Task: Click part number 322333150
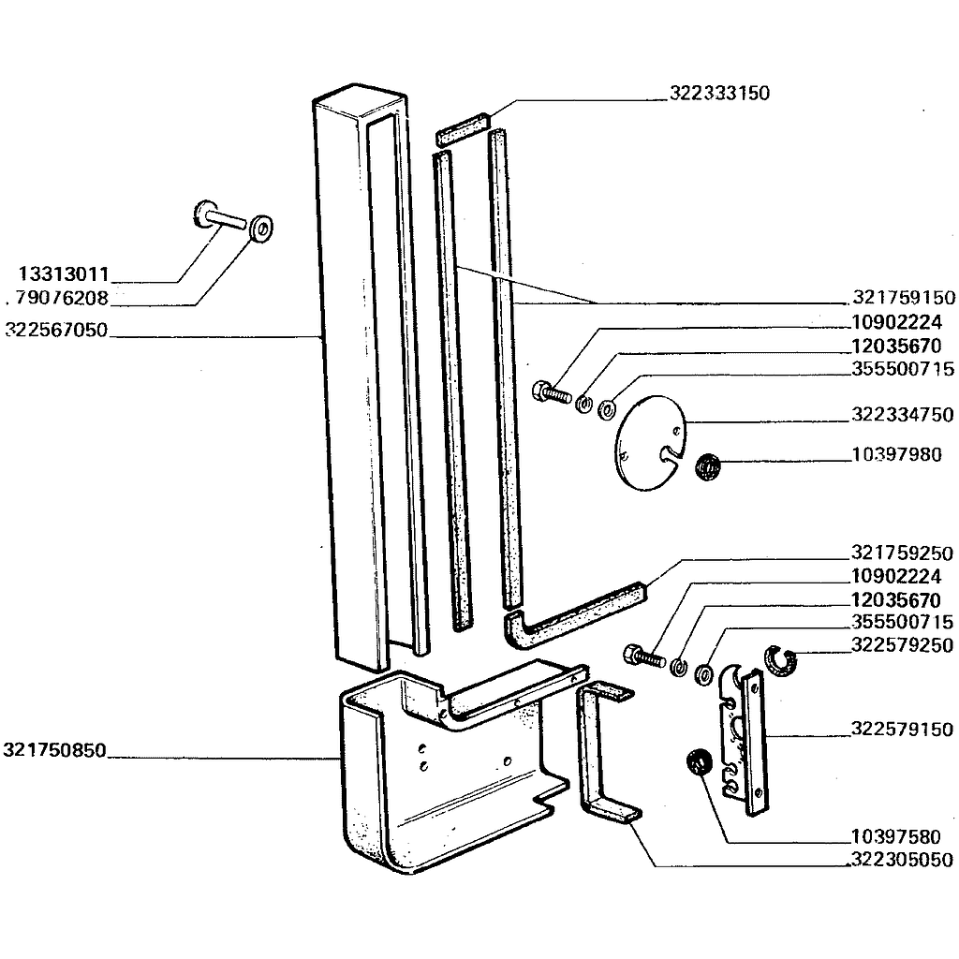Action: pyautogui.click(x=720, y=94)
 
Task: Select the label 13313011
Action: pyautogui.click(x=65, y=274)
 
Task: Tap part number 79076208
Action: pyautogui.click(x=62, y=300)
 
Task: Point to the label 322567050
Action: pyautogui.click(x=56, y=330)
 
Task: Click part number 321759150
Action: pyautogui.click(x=904, y=299)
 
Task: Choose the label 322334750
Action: pyautogui.click(x=903, y=415)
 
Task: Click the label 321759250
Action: pyautogui.click(x=903, y=553)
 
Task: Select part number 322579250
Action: pyautogui.click(x=903, y=645)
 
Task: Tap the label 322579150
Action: pyautogui.click(x=903, y=730)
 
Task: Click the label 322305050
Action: pyautogui.click(x=903, y=860)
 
